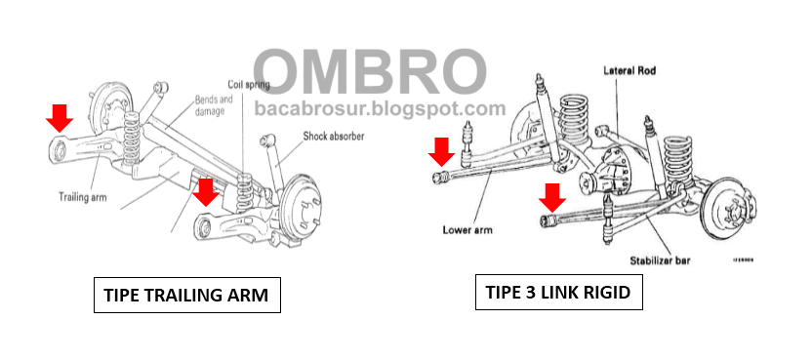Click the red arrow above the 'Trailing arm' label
[60, 119]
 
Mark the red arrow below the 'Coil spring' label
[204, 191]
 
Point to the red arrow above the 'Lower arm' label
[440, 150]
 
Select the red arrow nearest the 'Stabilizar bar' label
[552, 197]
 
